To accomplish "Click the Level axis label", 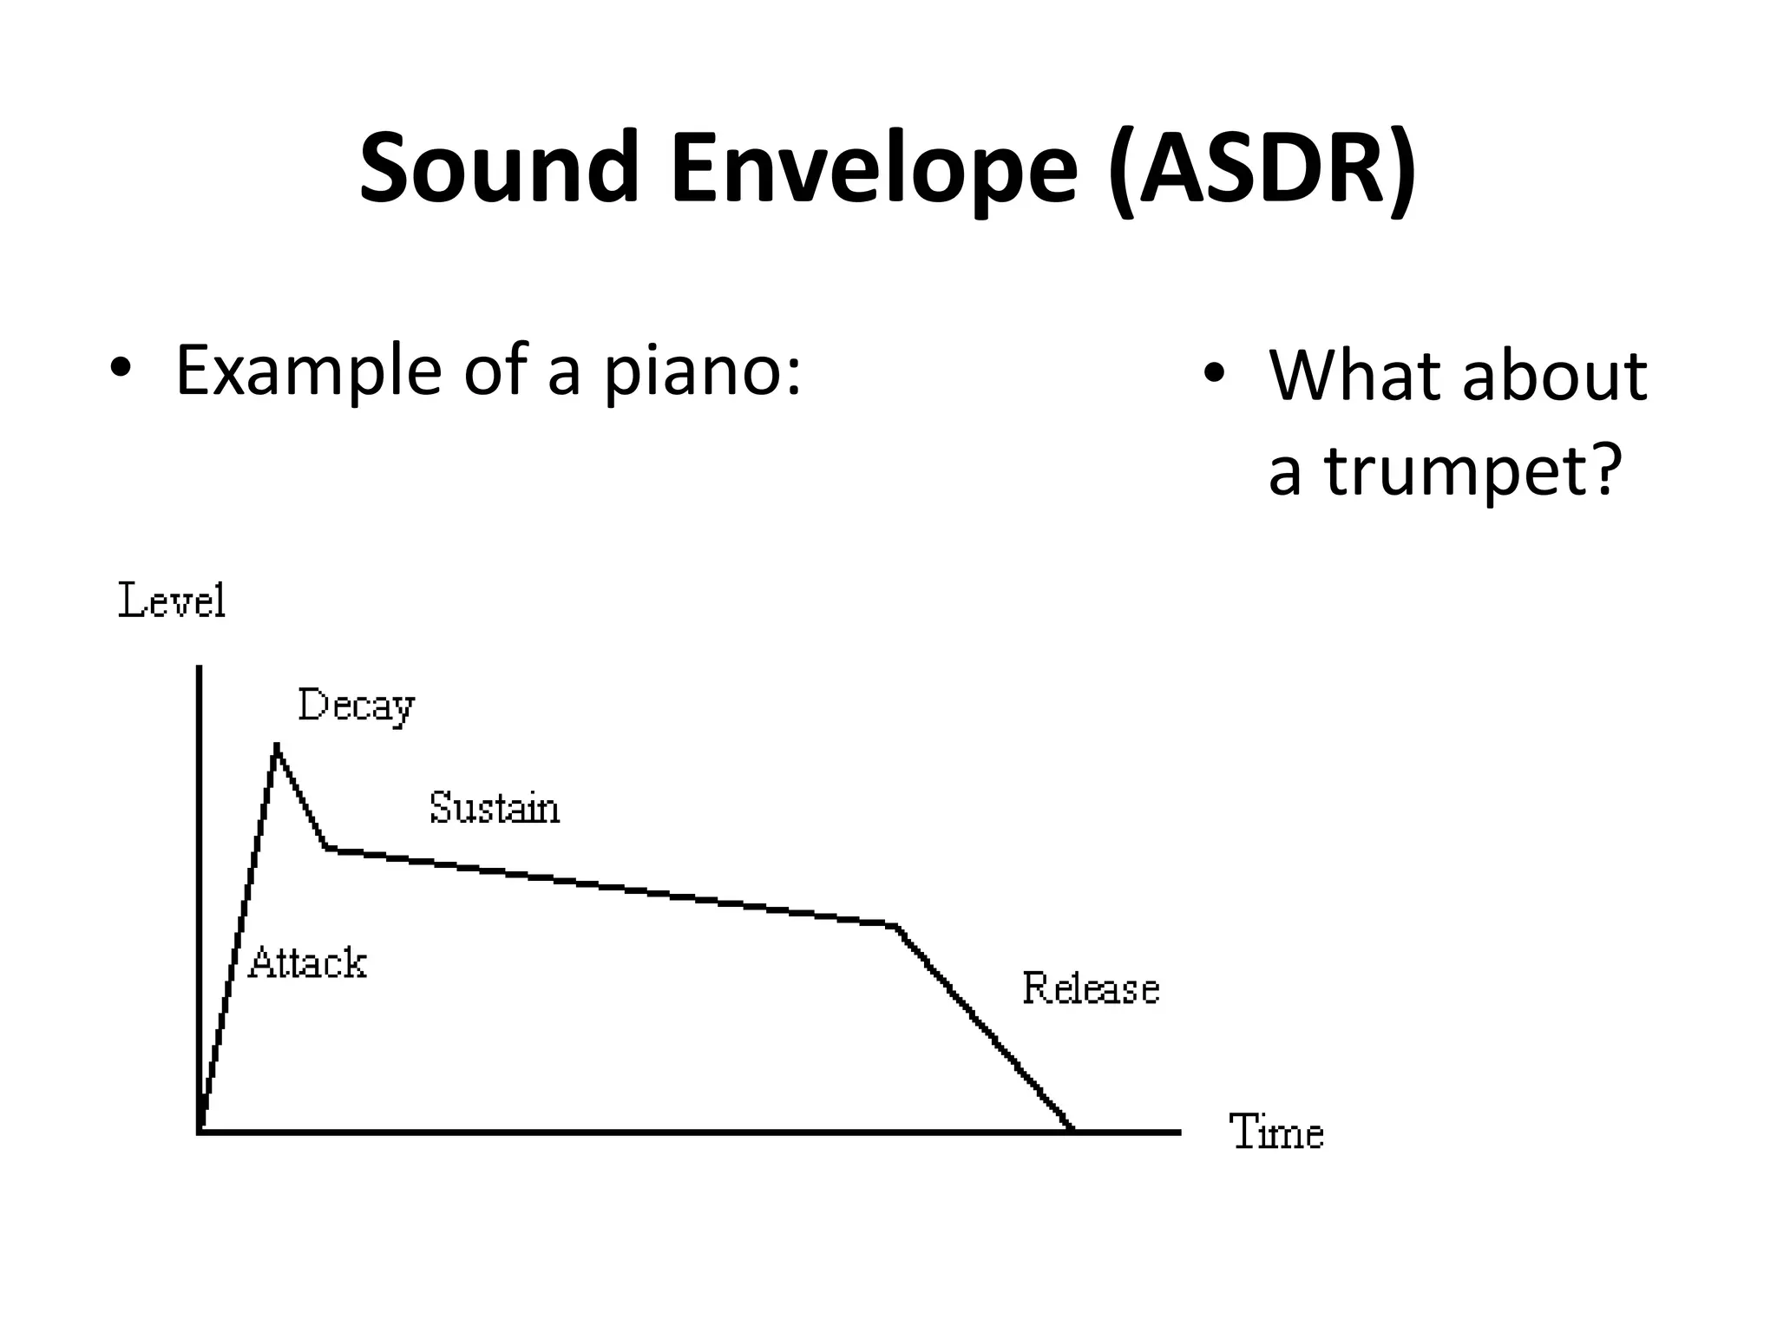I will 172,601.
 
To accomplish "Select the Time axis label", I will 1276,1133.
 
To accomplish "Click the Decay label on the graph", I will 356,706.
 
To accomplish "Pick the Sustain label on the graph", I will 495,808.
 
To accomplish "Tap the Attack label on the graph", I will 307,963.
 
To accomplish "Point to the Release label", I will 1091,988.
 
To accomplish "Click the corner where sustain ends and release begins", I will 895,925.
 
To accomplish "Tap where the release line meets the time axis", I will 1072,1130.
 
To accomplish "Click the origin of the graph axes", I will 200,1131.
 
